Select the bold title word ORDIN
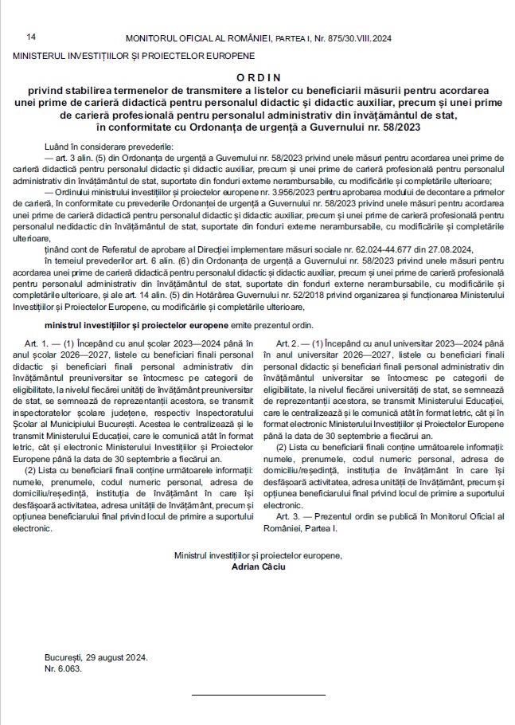point(259,76)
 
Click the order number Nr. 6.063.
point(64,668)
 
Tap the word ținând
point(60,250)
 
